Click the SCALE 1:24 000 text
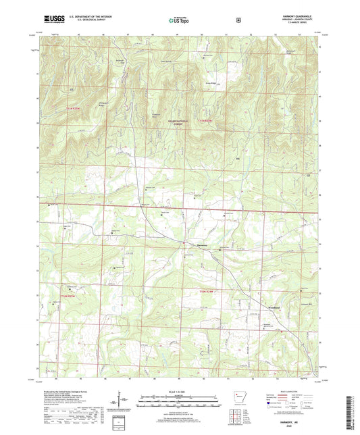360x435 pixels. click(180, 391)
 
